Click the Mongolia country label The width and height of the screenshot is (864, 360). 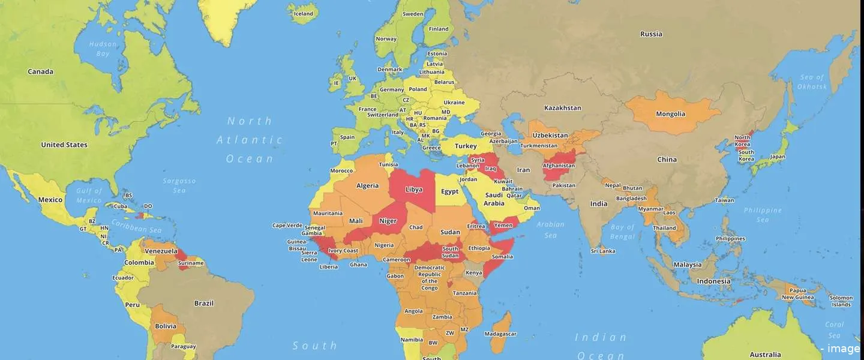coord(670,114)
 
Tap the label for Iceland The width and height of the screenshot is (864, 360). coord(303,14)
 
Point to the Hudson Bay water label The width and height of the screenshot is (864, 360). coord(103,49)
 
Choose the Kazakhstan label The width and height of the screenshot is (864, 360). coord(562,108)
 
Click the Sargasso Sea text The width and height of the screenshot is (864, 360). coord(179,185)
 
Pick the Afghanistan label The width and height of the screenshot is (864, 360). coord(559,166)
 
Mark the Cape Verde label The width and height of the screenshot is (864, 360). coord(287,226)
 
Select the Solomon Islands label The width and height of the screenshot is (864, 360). coord(841,301)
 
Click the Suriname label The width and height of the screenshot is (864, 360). coord(191,263)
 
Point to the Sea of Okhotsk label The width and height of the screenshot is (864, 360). coord(813,82)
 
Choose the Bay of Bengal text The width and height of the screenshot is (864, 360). coord(622,231)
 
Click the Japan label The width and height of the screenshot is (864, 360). coord(778,157)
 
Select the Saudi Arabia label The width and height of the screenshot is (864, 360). coord(494,199)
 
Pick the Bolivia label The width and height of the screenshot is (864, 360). coord(166,326)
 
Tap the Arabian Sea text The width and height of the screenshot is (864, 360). coord(550,230)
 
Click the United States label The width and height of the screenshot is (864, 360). coord(64,145)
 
